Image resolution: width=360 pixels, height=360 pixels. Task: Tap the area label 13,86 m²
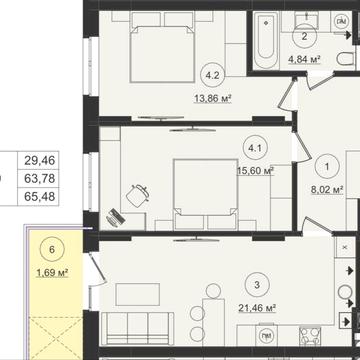pyautogui.click(x=212, y=98)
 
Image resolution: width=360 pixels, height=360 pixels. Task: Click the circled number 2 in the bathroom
pyautogui.click(x=305, y=37)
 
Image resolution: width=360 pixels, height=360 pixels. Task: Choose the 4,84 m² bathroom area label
pyautogui.click(x=304, y=60)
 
